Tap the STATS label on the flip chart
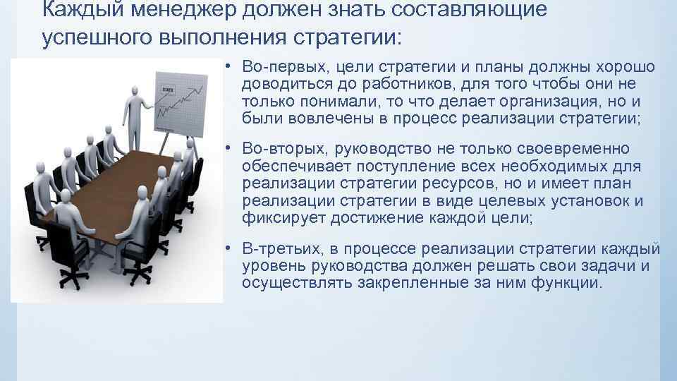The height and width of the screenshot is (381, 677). click(169, 90)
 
